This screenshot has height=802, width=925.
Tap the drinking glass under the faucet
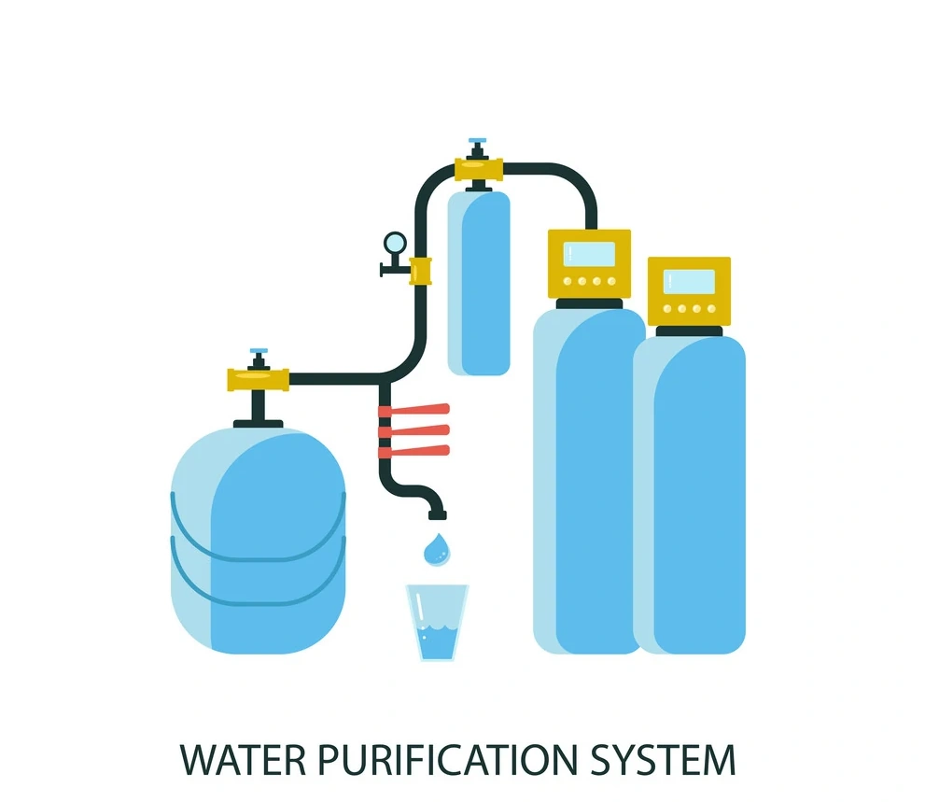(437, 623)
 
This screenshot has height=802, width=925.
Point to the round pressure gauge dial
(395, 243)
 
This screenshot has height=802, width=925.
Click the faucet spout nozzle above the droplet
(437, 511)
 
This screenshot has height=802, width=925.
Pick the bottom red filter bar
(414, 450)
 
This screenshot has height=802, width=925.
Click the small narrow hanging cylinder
(479, 280)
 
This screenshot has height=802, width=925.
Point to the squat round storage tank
(258, 542)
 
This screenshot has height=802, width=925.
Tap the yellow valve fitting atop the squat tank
(259, 379)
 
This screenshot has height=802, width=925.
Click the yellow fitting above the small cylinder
(479, 170)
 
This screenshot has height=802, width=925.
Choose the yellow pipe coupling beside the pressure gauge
(420, 271)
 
